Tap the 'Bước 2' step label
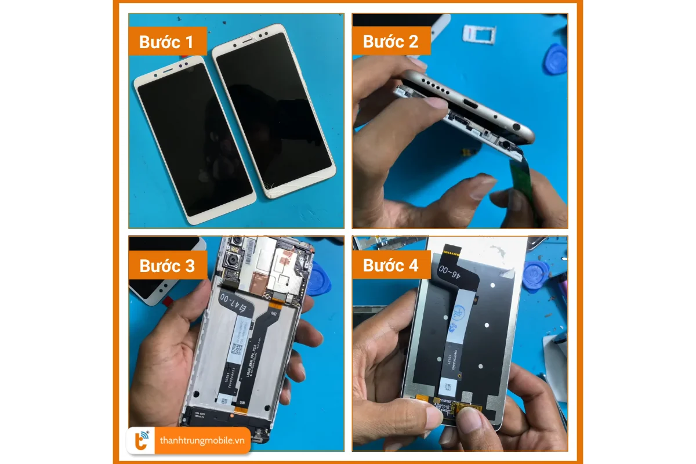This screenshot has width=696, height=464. pos(390,42)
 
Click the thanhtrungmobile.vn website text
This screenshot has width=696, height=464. pos(202,441)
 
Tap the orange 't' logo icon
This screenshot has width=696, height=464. pos(142,441)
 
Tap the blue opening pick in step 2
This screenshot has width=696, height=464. pos(556,58)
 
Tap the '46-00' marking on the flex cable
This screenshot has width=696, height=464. pos(448,270)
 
